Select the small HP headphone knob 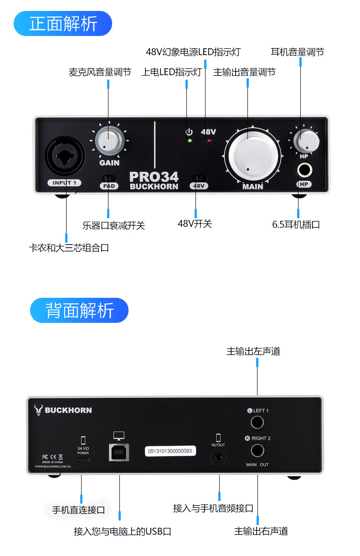pos(306,141)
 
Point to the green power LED pos(190,141)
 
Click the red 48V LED pos(209,141)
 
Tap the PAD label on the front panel pos(109,186)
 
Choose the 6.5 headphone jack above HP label pos(304,171)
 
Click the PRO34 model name pos(154,177)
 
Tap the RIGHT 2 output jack pos(257,451)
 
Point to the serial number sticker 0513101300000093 pos(170,451)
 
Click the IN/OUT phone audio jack pos(218,457)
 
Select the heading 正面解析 pos(63,24)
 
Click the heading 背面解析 pos(79,311)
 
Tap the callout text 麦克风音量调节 pos(100,72)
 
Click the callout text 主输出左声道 pos(253,351)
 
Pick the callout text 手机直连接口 pos(78,510)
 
